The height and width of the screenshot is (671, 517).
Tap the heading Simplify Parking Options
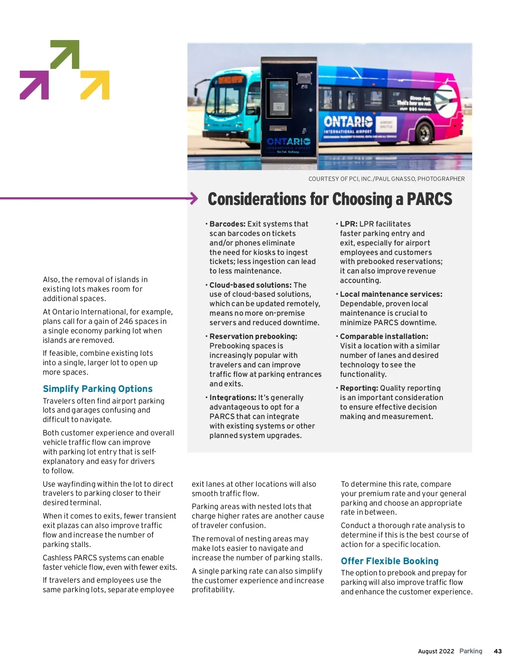[x=97, y=389]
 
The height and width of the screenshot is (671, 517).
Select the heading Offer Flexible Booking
[x=389, y=561]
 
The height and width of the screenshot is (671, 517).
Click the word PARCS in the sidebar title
[x=429, y=199]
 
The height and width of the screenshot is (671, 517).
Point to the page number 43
[x=498, y=651]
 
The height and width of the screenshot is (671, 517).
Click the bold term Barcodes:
[x=227, y=224]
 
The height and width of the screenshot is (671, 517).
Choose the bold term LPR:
[x=349, y=224]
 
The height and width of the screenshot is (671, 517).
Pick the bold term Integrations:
[x=233, y=398]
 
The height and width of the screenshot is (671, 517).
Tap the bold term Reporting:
[x=359, y=388]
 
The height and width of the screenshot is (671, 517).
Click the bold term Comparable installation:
[x=384, y=336]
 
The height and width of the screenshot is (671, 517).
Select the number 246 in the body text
[x=126, y=321]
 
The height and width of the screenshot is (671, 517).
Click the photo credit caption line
[x=386, y=179]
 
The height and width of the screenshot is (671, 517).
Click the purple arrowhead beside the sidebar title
[x=194, y=199]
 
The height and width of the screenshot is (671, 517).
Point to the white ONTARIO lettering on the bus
[x=348, y=121]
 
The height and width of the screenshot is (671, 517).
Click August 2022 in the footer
[x=436, y=651]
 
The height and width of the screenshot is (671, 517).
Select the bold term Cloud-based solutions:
[x=250, y=285]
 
